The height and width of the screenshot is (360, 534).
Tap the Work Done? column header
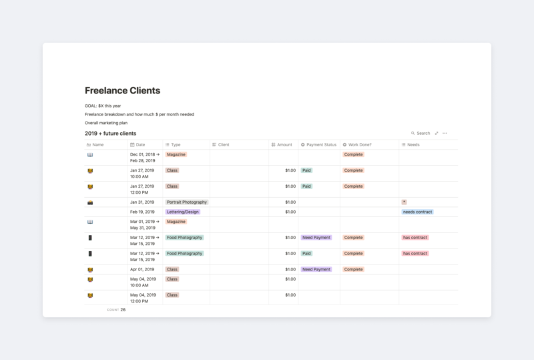click(360, 144)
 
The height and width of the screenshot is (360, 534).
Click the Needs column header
click(413, 144)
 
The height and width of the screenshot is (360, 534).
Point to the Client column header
click(224, 144)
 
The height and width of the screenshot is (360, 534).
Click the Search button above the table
click(421, 133)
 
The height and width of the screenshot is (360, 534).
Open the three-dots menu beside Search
click(445, 133)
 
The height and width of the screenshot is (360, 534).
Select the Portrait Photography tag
click(187, 202)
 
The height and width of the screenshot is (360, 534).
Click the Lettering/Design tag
click(183, 212)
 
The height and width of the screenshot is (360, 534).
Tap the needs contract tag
click(417, 212)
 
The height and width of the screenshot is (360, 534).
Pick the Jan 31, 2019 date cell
click(142, 202)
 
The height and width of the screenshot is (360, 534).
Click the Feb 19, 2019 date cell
click(142, 212)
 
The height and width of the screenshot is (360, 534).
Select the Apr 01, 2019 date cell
click(142, 269)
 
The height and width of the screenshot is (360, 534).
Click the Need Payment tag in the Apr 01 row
click(316, 269)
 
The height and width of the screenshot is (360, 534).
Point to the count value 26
click(123, 310)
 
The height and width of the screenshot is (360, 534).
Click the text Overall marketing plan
click(106, 123)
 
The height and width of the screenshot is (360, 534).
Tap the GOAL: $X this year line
click(103, 106)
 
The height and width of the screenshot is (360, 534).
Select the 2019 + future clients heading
click(110, 134)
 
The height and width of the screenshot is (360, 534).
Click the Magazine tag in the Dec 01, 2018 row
click(176, 154)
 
